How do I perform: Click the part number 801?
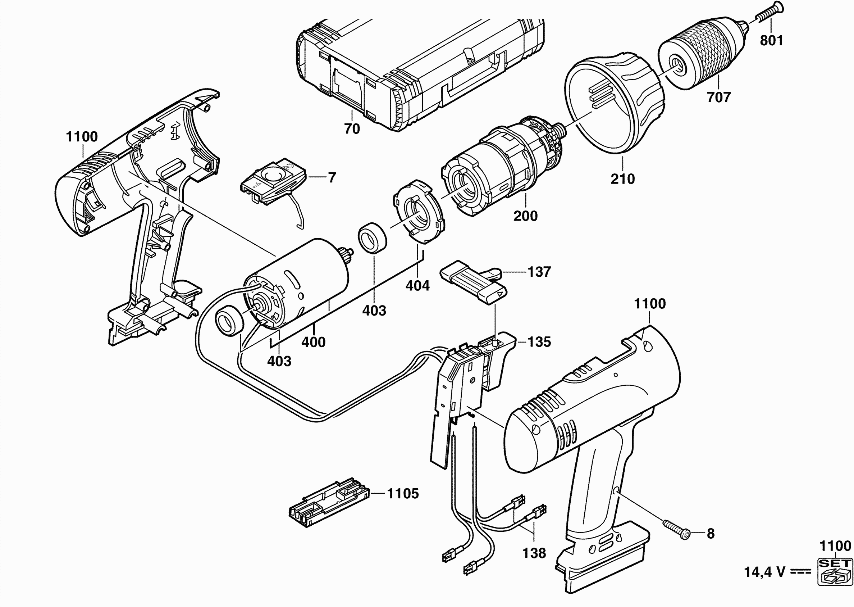point(771,40)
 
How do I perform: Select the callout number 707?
point(719,97)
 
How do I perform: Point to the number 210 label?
point(622,179)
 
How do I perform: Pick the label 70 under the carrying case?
point(352,128)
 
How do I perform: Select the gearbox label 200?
point(525,216)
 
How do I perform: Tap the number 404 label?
point(417,286)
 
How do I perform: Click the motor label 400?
point(313,341)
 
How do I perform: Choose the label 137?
point(539,272)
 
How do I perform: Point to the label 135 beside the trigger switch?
point(539,341)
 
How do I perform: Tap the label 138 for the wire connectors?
point(534,553)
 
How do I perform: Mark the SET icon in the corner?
point(835,571)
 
